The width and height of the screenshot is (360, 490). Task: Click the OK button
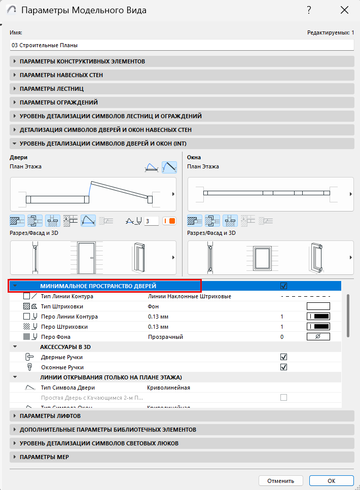(x=331, y=480)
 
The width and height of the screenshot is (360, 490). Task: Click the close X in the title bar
(x=344, y=10)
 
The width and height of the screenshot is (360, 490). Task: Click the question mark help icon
(x=309, y=10)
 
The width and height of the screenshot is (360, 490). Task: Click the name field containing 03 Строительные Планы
(x=181, y=45)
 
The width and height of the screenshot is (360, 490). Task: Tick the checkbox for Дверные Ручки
(x=284, y=357)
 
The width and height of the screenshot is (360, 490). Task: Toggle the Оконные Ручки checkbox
(x=284, y=367)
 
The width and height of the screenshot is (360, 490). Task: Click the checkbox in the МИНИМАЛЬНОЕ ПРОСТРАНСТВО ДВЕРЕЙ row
(x=284, y=286)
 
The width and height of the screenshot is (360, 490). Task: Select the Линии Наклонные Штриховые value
(x=189, y=296)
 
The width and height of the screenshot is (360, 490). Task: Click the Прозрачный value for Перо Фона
(x=165, y=337)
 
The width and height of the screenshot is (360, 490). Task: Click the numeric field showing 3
(x=151, y=221)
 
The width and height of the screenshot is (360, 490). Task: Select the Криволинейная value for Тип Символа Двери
(x=168, y=388)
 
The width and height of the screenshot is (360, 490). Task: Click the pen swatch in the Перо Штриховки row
(x=318, y=327)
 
